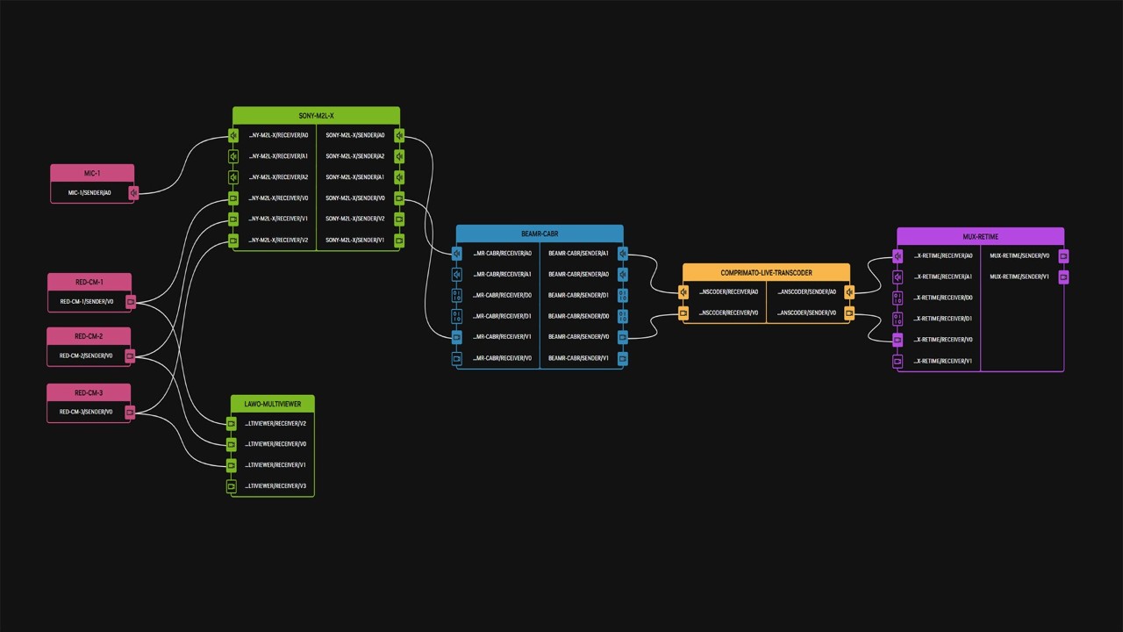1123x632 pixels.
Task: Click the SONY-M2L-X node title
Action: point(316,116)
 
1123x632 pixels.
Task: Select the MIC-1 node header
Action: point(92,173)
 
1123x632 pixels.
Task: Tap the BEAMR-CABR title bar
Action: point(539,234)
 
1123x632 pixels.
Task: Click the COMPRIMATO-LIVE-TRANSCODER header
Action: point(766,273)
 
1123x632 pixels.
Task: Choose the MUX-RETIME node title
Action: point(980,237)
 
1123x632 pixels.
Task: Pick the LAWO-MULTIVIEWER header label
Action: point(272,405)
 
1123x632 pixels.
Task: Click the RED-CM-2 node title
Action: point(89,336)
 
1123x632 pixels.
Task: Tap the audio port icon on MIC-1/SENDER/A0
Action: point(133,193)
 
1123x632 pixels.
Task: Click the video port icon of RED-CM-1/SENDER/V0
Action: point(131,302)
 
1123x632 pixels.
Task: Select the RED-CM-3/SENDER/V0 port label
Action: point(86,412)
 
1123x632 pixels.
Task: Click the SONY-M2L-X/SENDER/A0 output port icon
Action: point(399,136)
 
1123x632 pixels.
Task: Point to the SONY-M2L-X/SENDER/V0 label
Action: point(355,198)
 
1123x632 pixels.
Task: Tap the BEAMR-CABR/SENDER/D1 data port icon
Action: point(622,296)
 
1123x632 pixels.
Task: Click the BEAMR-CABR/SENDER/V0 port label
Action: point(578,337)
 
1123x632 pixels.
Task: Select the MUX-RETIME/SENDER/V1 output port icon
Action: point(1063,277)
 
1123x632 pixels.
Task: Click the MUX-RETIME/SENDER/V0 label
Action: point(1019,256)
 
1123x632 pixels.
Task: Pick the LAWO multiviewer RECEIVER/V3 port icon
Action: point(232,486)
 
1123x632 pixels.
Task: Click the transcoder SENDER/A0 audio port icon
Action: point(849,292)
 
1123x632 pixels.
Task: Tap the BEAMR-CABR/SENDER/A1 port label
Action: point(578,254)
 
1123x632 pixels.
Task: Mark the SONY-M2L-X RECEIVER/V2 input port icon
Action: point(233,241)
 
